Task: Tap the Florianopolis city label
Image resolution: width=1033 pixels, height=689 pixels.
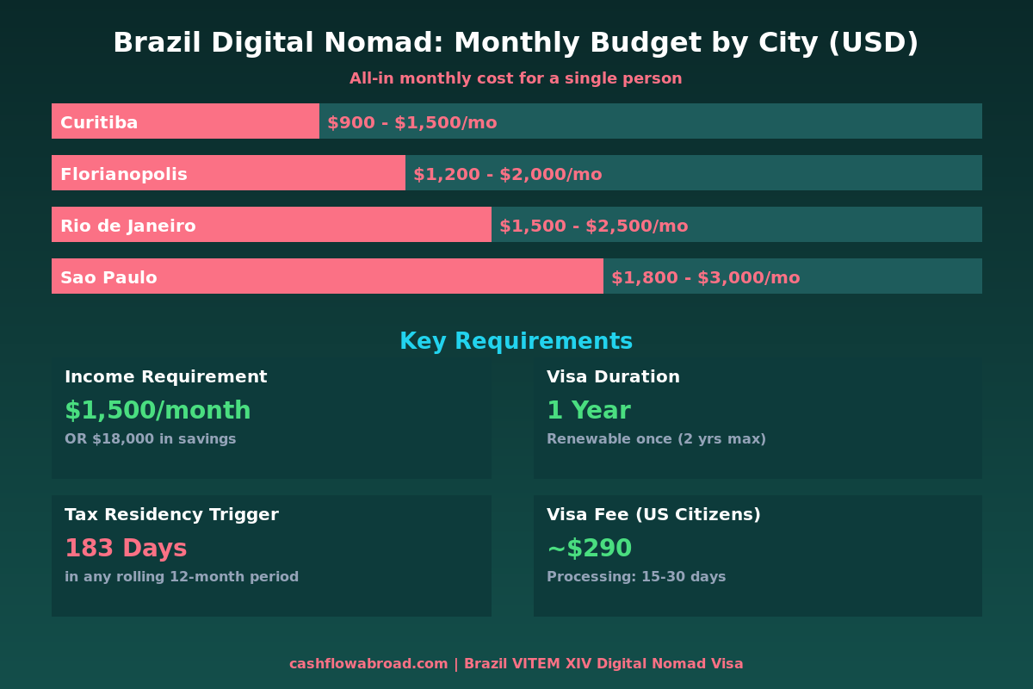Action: tap(124, 174)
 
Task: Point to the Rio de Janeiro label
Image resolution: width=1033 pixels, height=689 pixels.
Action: tap(128, 226)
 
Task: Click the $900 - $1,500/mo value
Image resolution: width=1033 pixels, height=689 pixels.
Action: tap(411, 122)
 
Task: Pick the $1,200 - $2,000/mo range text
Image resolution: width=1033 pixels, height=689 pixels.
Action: tap(507, 174)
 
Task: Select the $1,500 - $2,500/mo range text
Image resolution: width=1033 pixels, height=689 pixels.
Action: tap(593, 226)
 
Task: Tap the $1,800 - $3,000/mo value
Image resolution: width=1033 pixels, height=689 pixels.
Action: tap(705, 277)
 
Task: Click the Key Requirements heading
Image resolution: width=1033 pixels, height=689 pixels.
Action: tap(516, 341)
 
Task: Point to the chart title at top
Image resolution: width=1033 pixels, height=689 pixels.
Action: tap(516, 42)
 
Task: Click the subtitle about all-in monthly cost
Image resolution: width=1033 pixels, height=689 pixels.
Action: tap(516, 78)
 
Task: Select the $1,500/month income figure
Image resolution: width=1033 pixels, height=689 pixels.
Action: tap(158, 411)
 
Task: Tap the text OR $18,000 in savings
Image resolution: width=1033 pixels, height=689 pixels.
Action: tap(150, 439)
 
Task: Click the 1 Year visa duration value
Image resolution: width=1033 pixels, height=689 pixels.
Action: tap(588, 411)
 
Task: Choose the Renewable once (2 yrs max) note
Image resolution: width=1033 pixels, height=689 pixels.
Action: tap(656, 439)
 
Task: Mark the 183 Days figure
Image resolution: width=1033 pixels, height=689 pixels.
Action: tap(126, 549)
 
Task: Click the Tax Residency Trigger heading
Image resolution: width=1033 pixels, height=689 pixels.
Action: tap(171, 514)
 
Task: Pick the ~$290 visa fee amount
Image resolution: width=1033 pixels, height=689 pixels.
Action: tap(589, 549)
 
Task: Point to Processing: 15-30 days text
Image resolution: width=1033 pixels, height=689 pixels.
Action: tap(636, 577)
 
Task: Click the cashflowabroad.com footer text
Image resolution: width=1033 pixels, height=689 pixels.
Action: tap(368, 664)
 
